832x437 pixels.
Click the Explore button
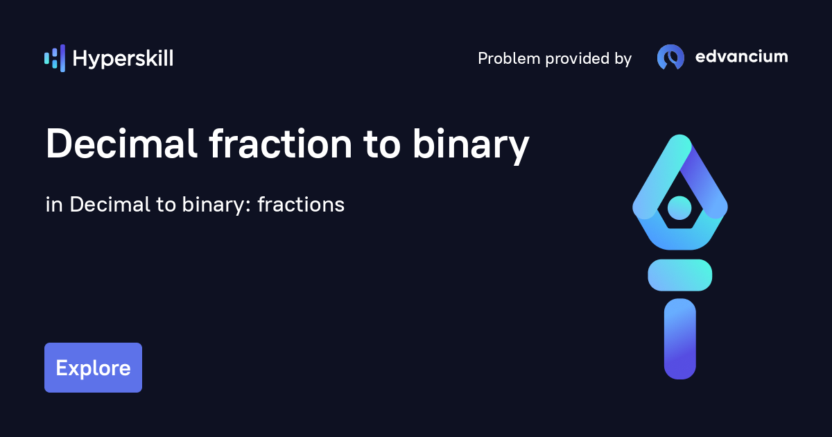(93, 368)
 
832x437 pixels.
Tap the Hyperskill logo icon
(55, 58)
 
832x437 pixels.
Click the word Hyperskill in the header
(123, 59)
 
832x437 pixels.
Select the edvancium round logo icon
(670, 58)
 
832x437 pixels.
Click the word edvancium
(741, 57)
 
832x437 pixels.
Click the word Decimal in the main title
(122, 145)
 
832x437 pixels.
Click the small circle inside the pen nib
(679, 207)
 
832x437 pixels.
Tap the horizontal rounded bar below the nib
(679, 275)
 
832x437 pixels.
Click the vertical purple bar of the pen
(679, 339)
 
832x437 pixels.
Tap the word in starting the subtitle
(54, 205)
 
